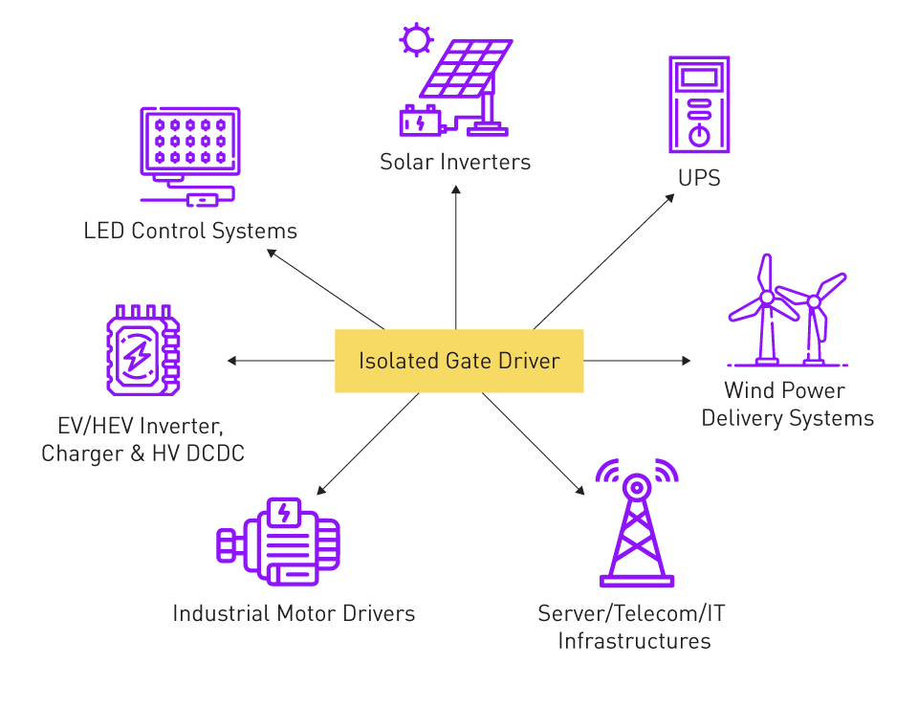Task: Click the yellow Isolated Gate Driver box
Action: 459,361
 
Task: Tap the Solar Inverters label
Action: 455,162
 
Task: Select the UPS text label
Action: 700,178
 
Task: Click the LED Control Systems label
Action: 190,231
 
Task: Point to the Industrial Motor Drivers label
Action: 294,613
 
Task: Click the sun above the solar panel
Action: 416,40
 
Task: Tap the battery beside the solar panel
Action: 421,122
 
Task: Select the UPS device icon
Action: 699,104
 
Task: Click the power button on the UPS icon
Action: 699,134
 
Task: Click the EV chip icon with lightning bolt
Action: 142,350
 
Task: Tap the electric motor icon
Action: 278,542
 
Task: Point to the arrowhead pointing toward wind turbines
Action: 686,361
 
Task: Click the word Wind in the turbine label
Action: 746,390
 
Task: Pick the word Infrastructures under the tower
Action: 635,640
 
